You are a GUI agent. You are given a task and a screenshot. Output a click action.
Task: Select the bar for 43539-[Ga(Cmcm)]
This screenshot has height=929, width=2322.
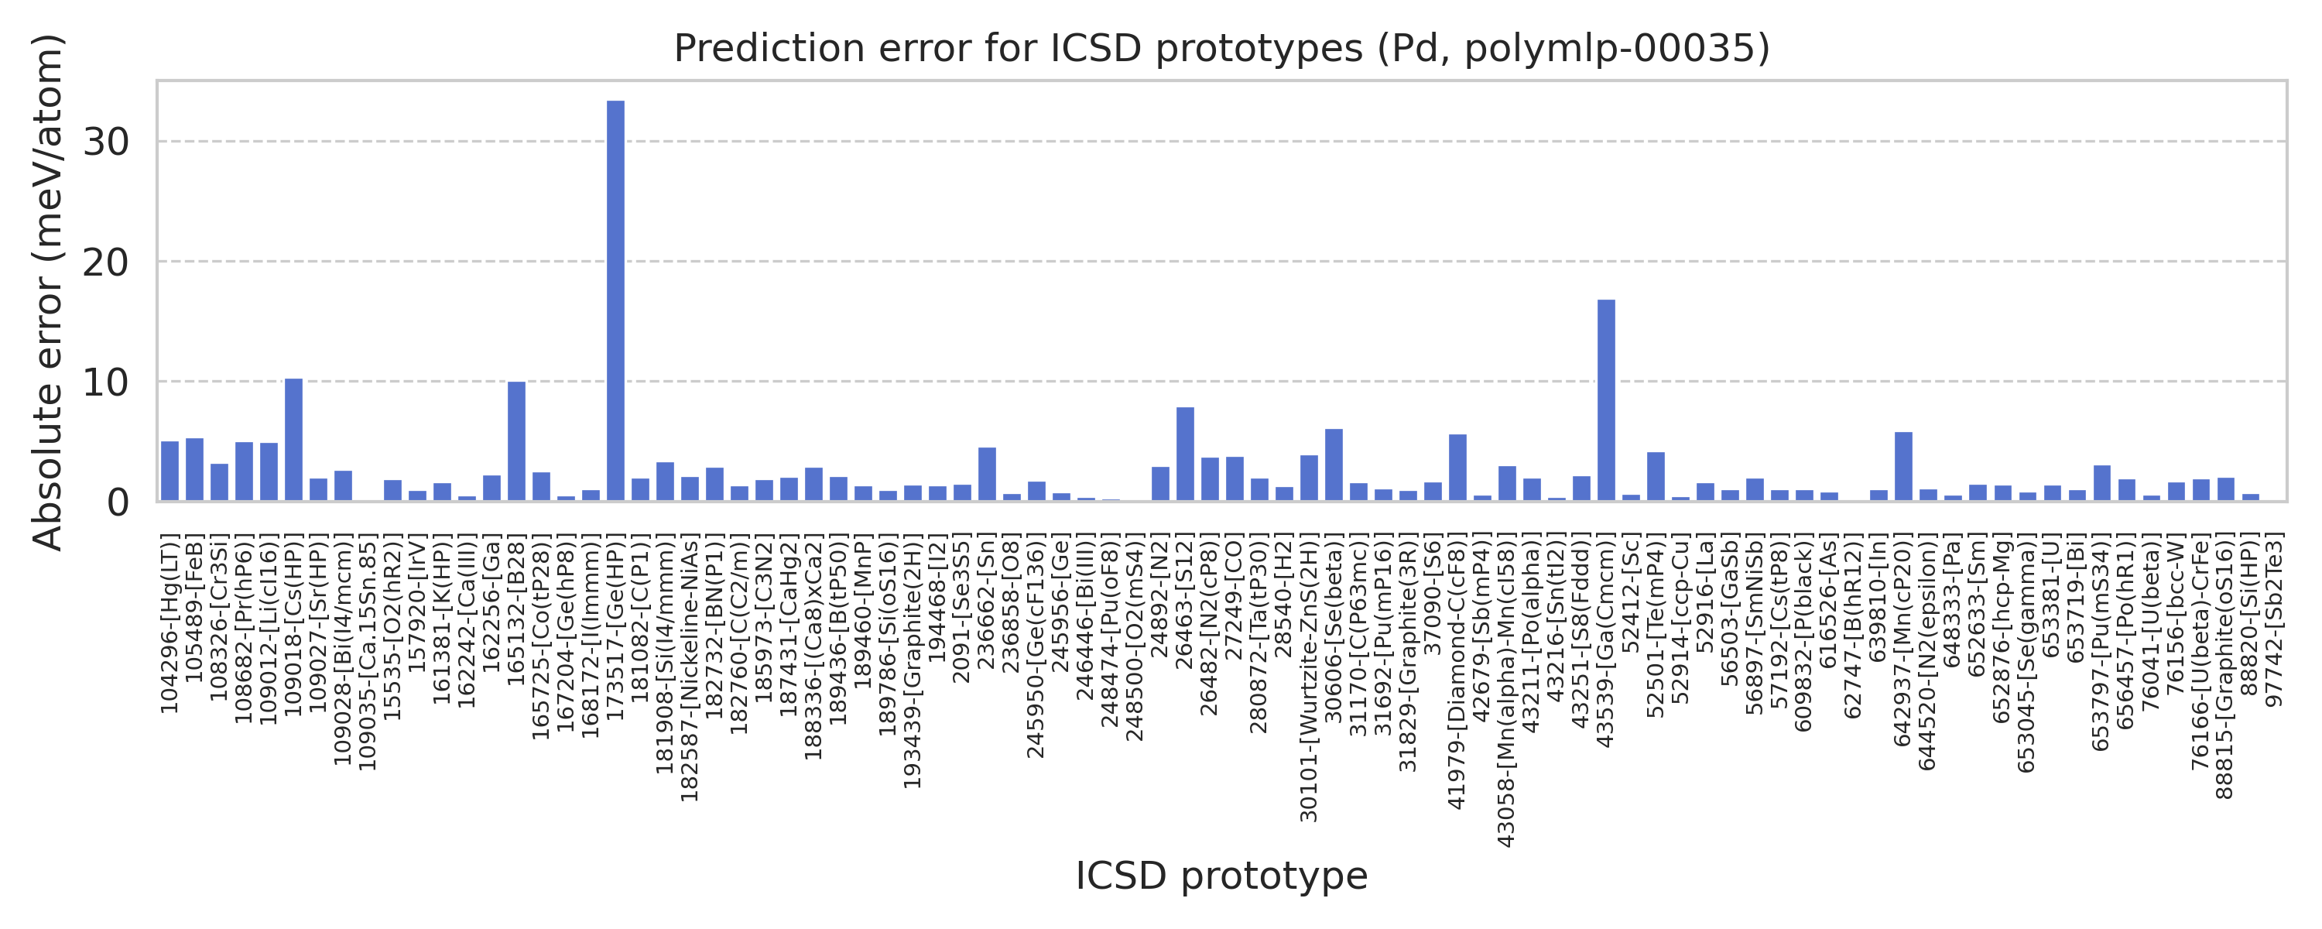pos(1606,400)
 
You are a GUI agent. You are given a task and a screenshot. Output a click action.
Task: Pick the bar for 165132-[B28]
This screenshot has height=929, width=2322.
pos(516,442)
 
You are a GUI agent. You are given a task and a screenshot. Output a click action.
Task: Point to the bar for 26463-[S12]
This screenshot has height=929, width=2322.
pos(1185,454)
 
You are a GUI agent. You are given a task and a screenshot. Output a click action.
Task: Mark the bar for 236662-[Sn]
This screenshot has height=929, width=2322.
pos(987,475)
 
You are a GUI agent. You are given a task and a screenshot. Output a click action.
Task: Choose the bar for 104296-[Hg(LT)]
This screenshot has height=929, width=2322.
pos(170,471)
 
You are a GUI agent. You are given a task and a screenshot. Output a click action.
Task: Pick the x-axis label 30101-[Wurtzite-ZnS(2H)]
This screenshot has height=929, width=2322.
pos(1309,679)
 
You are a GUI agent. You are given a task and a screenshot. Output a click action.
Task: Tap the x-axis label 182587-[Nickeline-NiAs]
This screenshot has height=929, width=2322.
pos(690,669)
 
